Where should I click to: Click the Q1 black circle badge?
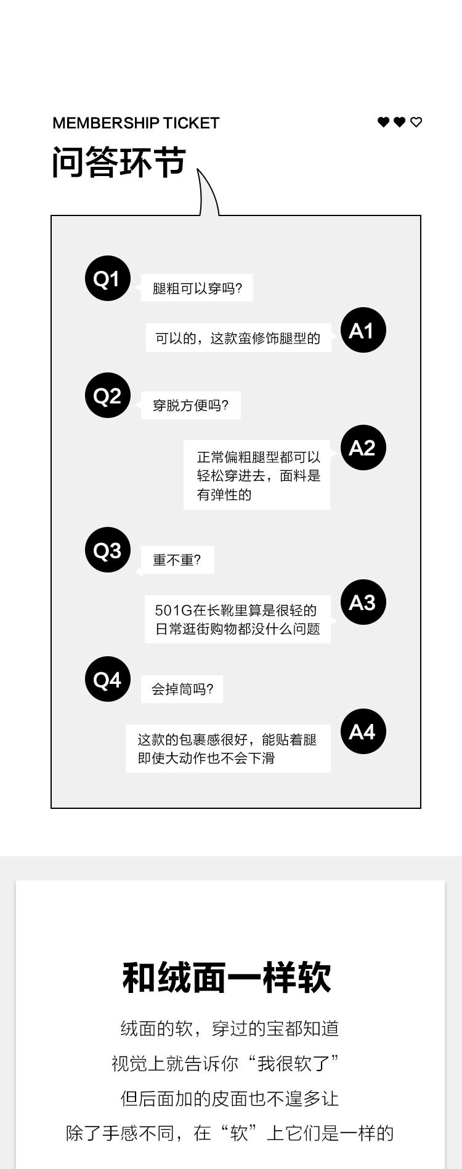(x=107, y=279)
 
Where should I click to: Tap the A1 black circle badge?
(x=363, y=331)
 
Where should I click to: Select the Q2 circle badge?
(x=107, y=395)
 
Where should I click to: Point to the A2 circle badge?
(x=363, y=448)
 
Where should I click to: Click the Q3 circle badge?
(x=107, y=550)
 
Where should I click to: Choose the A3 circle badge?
(x=363, y=602)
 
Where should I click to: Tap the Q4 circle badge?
(x=107, y=680)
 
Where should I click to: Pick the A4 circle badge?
(x=363, y=731)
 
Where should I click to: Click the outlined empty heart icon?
(x=416, y=123)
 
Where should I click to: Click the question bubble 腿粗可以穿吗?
(x=197, y=288)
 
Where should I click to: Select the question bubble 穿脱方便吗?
(x=190, y=406)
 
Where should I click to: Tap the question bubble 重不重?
(x=177, y=560)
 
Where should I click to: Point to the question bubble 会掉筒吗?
(x=182, y=689)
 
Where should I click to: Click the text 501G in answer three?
(x=173, y=611)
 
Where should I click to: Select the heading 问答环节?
(x=118, y=163)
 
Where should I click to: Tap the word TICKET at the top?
(x=191, y=123)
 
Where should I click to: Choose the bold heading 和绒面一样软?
(x=227, y=978)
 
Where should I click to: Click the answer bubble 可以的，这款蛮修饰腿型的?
(x=238, y=339)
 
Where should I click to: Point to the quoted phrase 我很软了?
(x=294, y=1064)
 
